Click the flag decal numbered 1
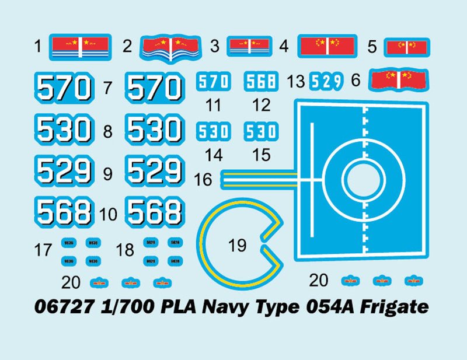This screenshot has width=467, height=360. (x=81, y=46)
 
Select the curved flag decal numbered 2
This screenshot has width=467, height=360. (x=171, y=47)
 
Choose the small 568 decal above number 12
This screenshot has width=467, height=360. (x=261, y=82)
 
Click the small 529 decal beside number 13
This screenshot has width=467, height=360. (x=325, y=82)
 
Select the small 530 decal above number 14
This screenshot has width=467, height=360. (x=213, y=132)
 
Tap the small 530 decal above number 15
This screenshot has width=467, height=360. (x=261, y=132)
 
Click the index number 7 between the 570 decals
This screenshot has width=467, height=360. (x=107, y=89)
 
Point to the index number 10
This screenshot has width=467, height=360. (x=109, y=215)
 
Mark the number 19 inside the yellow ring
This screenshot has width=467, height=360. (x=238, y=246)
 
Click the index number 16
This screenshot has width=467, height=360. (x=203, y=180)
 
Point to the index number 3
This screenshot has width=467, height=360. (x=214, y=46)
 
